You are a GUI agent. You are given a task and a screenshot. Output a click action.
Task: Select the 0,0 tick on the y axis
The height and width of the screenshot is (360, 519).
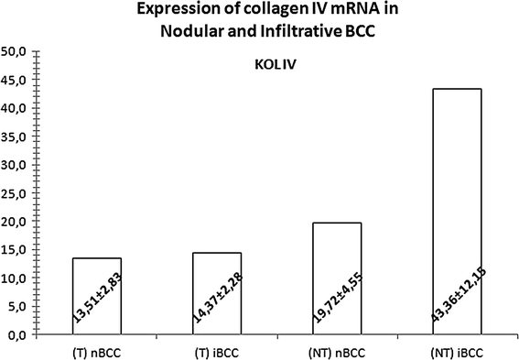click(x=19, y=334)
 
